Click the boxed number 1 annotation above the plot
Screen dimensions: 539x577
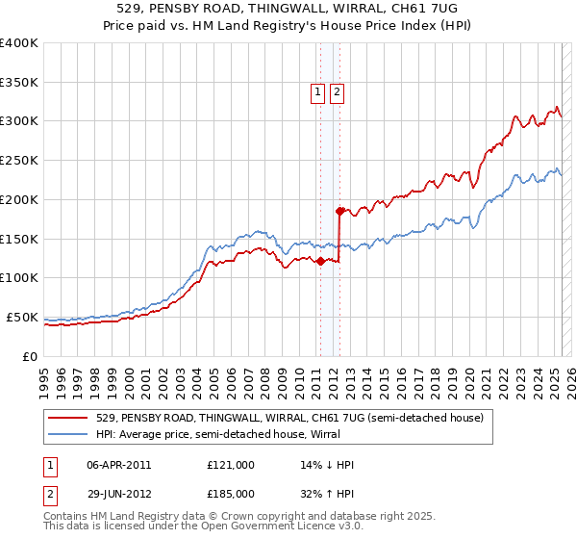coord(317,92)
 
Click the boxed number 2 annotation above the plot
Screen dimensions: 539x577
coord(338,92)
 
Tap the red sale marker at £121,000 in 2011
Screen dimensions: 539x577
coord(319,261)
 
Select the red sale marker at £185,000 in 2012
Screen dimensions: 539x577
coord(339,210)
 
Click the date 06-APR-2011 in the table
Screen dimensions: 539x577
coord(118,465)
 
